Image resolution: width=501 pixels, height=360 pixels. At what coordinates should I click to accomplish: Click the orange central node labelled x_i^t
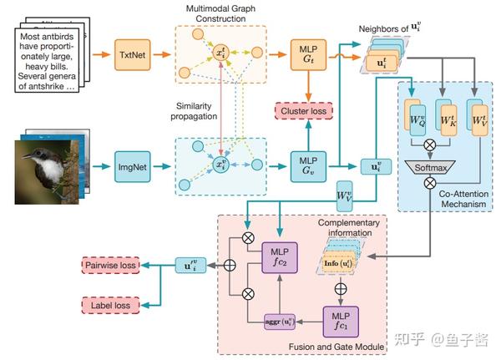coord(221,53)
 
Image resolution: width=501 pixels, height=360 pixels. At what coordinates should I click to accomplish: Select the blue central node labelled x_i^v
coord(221,162)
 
